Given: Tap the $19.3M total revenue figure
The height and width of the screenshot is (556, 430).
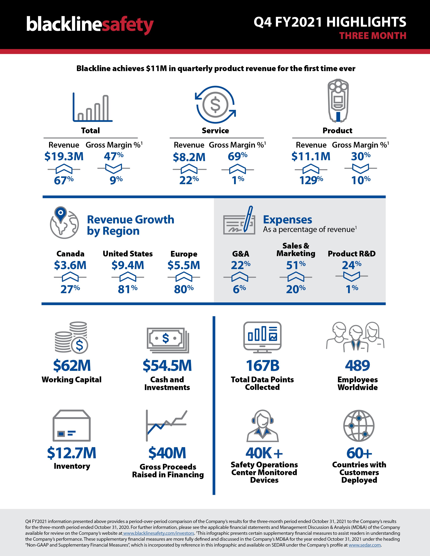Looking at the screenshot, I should [x=64, y=156].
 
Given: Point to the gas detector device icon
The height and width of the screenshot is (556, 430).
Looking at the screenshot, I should [x=338, y=101].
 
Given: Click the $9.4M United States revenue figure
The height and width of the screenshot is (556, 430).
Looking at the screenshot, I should [x=128, y=265].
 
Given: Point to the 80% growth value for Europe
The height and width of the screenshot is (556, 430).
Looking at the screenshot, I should [x=184, y=289].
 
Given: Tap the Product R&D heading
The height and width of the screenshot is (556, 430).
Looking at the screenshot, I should [x=352, y=254].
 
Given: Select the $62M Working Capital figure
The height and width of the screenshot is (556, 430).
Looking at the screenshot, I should [x=72, y=366].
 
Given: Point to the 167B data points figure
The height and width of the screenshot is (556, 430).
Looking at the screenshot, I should [x=262, y=366].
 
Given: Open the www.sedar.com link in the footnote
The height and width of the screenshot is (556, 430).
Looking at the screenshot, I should [x=365, y=545].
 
